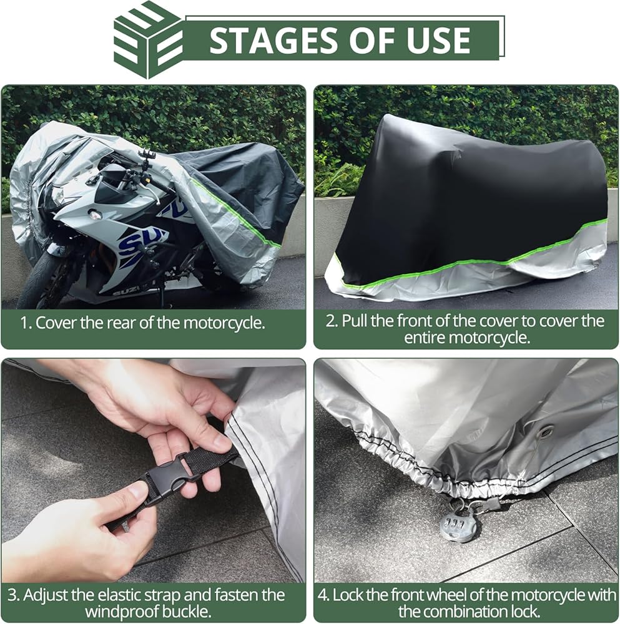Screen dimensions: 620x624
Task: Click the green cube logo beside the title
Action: [x=148, y=40]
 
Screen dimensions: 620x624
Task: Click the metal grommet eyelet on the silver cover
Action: [x=544, y=431]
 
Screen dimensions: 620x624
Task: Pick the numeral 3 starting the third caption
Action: [x=12, y=595]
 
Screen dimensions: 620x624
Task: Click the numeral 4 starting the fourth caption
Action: [x=323, y=595]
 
